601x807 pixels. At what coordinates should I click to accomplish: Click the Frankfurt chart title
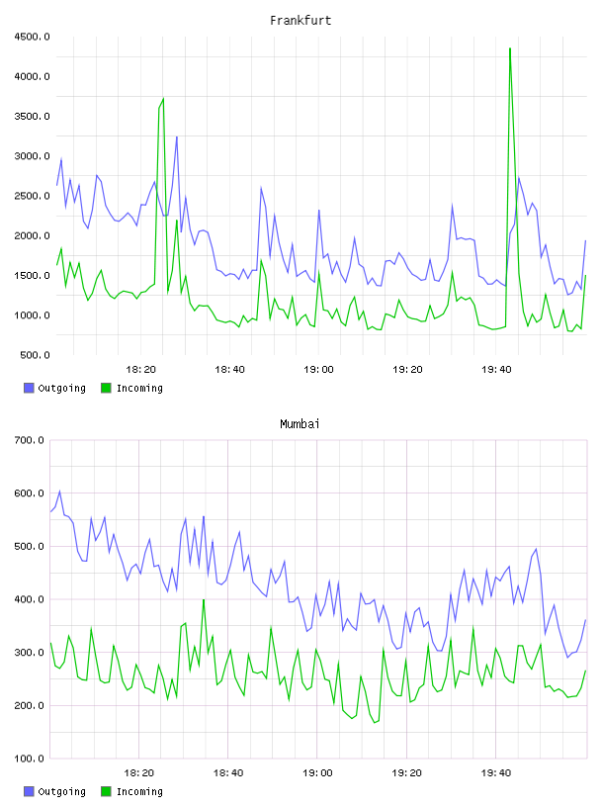[300, 21]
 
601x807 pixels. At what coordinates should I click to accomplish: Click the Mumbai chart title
[300, 424]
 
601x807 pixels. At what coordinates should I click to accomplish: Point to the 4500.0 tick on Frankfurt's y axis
[32, 37]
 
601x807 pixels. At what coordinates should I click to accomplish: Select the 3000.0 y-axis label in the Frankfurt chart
[32, 156]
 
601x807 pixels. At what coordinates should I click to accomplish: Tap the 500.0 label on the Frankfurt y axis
[35, 355]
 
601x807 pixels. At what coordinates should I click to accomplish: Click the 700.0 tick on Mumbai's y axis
[29, 440]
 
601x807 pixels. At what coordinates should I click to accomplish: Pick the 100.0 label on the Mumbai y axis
[29, 759]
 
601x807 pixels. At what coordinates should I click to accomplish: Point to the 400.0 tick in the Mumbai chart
[29, 599]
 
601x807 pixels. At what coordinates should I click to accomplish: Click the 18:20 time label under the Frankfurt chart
[141, 370]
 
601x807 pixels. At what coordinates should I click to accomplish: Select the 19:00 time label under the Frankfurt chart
[318, 370]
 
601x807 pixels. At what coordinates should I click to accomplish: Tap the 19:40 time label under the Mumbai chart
[496, 773]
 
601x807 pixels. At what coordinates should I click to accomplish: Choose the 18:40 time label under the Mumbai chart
[228, 773]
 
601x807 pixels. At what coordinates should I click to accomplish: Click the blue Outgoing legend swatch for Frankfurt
[29, 388]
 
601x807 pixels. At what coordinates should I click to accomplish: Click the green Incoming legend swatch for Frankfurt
[106, 388]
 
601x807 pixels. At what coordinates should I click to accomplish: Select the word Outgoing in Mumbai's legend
[61, 791]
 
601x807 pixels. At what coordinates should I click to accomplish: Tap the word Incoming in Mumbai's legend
[139, 791]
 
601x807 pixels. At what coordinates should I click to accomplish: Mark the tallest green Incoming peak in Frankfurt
[510, 48]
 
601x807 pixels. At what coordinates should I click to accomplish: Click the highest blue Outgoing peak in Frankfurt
[177, 136]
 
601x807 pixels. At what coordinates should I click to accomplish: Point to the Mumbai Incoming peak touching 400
[204, 599]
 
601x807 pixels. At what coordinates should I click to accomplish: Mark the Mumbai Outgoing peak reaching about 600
[59, 491]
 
